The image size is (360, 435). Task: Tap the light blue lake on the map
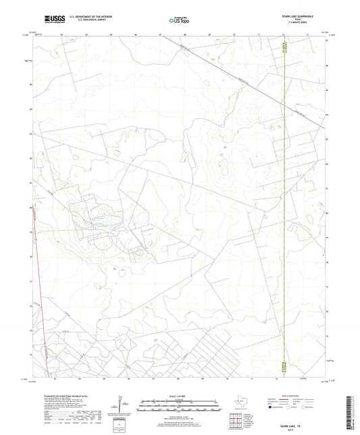click(x=106, y=220)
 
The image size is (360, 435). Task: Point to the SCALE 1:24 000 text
click(x=178, y=395)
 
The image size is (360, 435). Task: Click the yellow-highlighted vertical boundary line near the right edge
click(x=286, y=203)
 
